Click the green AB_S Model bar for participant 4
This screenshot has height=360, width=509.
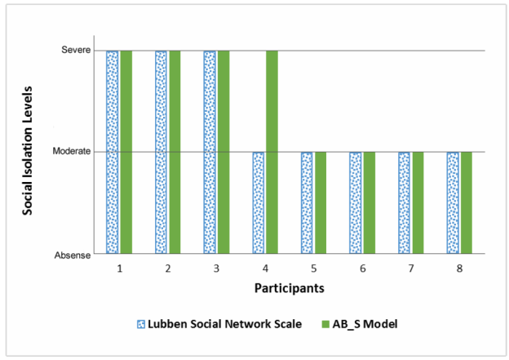(x=272, y=152)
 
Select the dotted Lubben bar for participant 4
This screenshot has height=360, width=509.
(x=258, y=202)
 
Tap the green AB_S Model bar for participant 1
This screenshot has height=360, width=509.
(x=126, y=152)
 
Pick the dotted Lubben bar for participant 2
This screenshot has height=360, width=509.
(x=162, y=152)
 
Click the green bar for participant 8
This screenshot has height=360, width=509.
(x=466, y=202)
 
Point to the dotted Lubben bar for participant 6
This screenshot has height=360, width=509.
(x=356, y=202)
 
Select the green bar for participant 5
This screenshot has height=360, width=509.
(x=321, y=202)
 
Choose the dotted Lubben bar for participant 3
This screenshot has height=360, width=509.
(x=210, y=152)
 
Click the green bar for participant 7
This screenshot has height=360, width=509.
(x=418, y=202)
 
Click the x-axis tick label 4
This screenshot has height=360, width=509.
(x=265, y=267)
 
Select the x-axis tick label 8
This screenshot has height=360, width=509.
(x=459, y=267)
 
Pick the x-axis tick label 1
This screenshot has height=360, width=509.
(x=119, y=267)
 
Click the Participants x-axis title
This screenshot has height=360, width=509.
(x=289, y=288)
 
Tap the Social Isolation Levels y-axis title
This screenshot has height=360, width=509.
(x=28, y=152)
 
